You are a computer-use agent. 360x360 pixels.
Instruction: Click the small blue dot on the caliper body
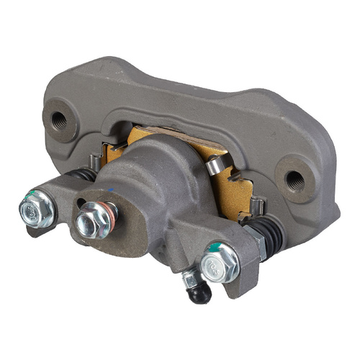(113, 189)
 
